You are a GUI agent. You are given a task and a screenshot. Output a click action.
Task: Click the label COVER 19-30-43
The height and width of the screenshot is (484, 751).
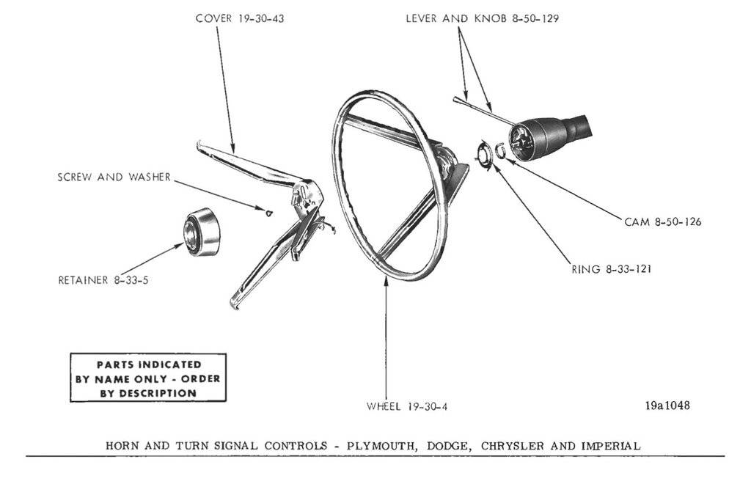[x=240, y=18]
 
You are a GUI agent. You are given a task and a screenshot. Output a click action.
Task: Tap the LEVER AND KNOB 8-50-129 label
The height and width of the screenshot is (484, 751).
[x=482, y=18]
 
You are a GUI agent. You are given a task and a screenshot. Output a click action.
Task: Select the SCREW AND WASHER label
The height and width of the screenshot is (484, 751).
[x=114, y=177]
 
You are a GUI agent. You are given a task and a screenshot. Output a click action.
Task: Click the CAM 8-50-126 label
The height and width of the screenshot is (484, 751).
[x=662, y=221]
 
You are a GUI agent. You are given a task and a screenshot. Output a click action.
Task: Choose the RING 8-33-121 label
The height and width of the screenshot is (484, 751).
[x=612, y=269]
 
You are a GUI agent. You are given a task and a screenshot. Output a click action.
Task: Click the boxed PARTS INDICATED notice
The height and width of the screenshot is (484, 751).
[x=147, y=378]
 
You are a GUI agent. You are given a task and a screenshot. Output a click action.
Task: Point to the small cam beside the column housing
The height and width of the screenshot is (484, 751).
[x=501, y=151]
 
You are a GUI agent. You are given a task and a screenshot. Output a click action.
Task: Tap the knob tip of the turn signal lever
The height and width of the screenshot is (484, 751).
[x=457, y=98]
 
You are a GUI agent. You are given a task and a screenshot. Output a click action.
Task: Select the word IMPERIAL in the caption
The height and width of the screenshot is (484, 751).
[x=610, y=445]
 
